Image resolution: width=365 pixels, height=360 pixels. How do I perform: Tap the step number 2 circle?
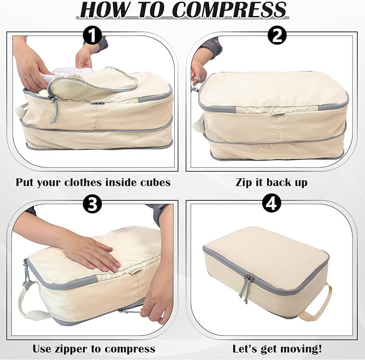[276, 36]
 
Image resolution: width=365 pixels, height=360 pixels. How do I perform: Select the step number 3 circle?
[93, 204]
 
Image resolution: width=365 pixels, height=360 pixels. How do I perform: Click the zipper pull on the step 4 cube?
[247, 285]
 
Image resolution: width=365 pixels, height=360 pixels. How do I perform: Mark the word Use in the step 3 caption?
[42, 349]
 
